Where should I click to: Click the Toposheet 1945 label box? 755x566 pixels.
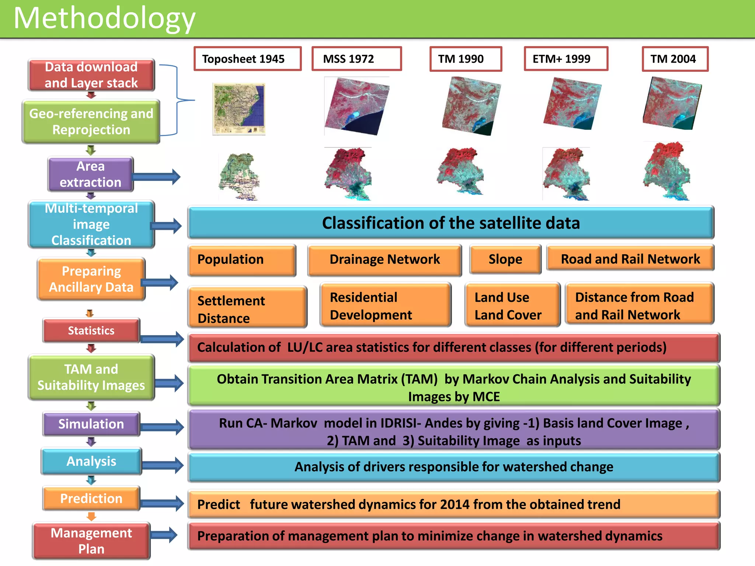(x=247, y=59)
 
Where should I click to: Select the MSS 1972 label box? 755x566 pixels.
(x=356, y=59)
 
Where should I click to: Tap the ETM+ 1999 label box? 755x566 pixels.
(x=566, y=59)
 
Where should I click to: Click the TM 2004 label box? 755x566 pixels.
(x=675, y=59)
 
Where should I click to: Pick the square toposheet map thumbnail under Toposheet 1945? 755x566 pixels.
(x=239, y=109)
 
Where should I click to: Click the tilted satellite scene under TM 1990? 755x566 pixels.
(x=471, y=106)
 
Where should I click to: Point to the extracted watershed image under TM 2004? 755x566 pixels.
(x=667, y=172)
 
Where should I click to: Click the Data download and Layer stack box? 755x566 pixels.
(x=91, y=75)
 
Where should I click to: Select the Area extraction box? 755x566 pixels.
(x=90, y=174)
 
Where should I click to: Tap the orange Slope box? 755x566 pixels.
(x=505, y=259)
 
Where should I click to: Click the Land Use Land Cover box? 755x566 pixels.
(x=512, y=305)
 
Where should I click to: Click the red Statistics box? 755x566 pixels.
(x=91, y=331)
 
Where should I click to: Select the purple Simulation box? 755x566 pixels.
(x=91, y=424)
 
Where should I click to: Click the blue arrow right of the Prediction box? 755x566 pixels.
(x=162, y=503)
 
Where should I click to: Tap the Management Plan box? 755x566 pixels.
(x=91, y=541)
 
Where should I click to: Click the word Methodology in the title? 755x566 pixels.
(x=104, y=18)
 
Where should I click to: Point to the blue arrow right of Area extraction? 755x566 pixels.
(x=157, y=177)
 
